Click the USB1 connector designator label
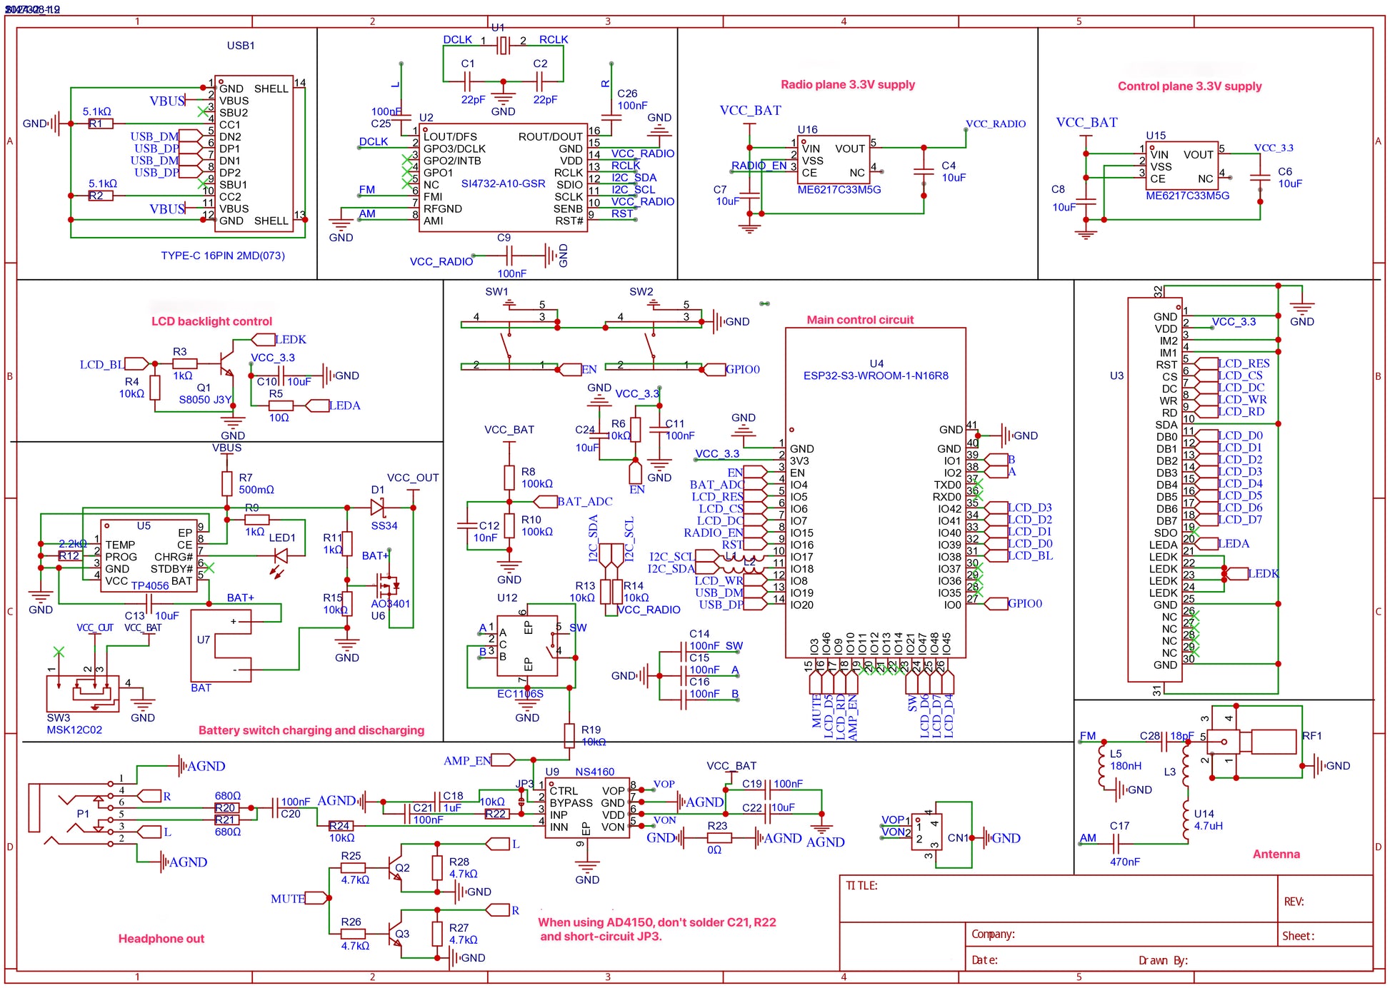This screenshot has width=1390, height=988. point(241,46)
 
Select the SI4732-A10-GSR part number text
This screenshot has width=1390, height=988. point(503,183)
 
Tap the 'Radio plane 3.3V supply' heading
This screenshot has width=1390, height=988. point(847,84)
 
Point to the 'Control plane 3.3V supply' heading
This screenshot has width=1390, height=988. point(1189,86)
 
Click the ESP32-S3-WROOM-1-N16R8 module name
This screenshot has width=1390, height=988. point(876,375)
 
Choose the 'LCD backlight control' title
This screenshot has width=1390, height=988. point(211,321)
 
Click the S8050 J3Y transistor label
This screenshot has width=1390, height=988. point(205,400)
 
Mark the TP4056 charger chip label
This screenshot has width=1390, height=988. point(150,585)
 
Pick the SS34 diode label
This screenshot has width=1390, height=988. point(384,525)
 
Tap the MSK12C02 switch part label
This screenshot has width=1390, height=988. point(74,730)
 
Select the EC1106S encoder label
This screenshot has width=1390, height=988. point(520,693)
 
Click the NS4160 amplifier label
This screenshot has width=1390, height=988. point(594,772)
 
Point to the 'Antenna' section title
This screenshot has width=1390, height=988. point(1276,854)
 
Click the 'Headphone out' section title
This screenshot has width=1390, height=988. point(161,939)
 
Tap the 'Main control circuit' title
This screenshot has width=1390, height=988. point(860,320)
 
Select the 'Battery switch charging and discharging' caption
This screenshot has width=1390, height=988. point(311,730)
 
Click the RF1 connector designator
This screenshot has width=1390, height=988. point(1312,735)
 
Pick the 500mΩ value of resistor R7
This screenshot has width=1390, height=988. point(256,490)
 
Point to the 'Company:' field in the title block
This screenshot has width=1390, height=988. point(993,934)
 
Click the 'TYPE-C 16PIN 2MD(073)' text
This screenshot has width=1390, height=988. point(223,256)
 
